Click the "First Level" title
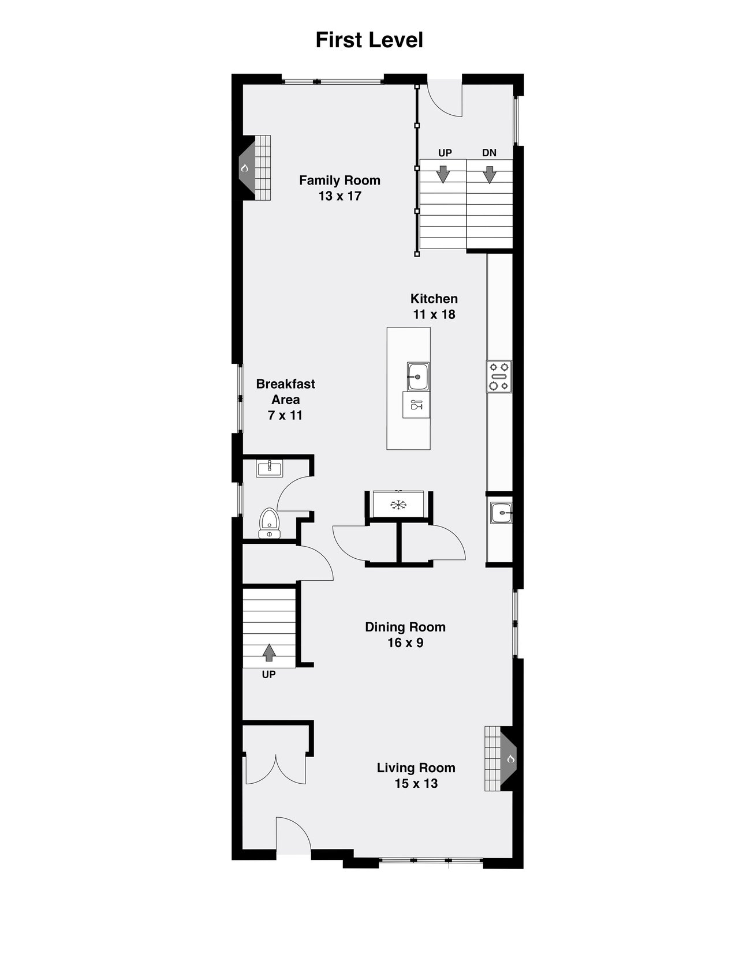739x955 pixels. pyautogui.click(x=369, y=40)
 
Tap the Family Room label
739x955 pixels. pyautogui.click(x=339, y=188)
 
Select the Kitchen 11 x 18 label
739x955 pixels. pyautogui.click(x=434, y=306)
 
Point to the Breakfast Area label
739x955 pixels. pyautogui.click(x=285, y=399)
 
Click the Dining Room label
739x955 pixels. pyautogui.click(x=405, y=634)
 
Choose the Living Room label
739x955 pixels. pyautogui.click(x=416, y=775)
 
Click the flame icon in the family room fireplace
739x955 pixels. pyautogui.click(x=245, y=168)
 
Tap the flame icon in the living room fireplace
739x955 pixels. pyautogui.click(x=510, y=759)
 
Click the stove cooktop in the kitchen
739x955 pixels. pyautogui.click(x=499, y=376)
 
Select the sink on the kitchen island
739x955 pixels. pyautogui.click(x=417, y=376)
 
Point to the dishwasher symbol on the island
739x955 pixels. pyautogui.click(x=416, y=404)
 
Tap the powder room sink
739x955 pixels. pyautogui.click(x=270, y=468)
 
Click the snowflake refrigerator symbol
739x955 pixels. pyautogui.click(x=397, y=505)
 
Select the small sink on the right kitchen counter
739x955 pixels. pyautogui.click(x=500, y=512)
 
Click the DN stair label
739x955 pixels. pyautogui.click(x=489, y=153)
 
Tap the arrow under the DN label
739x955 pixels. pyautogui.click(x=490, y=174)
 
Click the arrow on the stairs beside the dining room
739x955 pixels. pyautogui.click(x=268, y=652)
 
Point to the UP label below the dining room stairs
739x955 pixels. pyautogui.click(x=268, y=674)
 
